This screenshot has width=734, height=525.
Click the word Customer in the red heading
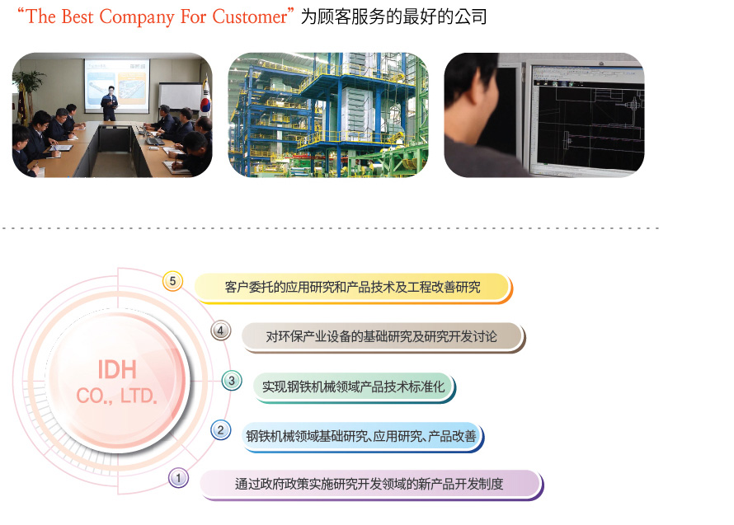(250, 16)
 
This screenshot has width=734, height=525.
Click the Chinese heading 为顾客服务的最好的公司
(393, 16)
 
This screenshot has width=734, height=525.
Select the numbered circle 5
(172, 281)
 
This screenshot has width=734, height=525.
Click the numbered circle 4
(220, 330)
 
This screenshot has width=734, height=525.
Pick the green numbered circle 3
(232, 381)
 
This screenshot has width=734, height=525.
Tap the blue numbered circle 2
(221, 430)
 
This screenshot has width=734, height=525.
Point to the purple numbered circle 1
(178, 478)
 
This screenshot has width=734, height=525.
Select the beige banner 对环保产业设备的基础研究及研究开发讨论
(383, 337)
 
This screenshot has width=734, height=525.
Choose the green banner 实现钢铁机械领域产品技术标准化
(355, 387)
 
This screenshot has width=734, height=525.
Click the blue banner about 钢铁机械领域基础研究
(362, 437)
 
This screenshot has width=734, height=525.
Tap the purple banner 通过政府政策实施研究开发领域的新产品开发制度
(372, 485)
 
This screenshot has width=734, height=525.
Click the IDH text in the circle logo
(117, 370)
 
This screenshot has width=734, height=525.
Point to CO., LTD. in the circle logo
(116, 396)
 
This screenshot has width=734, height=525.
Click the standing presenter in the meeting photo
(110, 103)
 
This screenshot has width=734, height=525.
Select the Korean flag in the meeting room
(205, 96)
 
